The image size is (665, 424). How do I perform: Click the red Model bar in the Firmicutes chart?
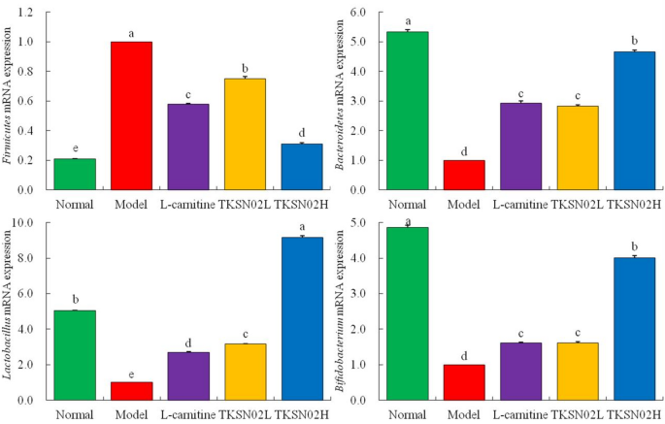(131, 115)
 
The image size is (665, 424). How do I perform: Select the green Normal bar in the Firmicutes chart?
(75, 174)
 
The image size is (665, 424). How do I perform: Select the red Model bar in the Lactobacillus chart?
(131, 390)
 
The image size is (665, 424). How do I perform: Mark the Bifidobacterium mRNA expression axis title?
(343, 311)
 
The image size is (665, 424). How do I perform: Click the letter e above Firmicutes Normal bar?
(75, 148)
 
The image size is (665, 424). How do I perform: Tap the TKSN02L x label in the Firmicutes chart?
(245, 205)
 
